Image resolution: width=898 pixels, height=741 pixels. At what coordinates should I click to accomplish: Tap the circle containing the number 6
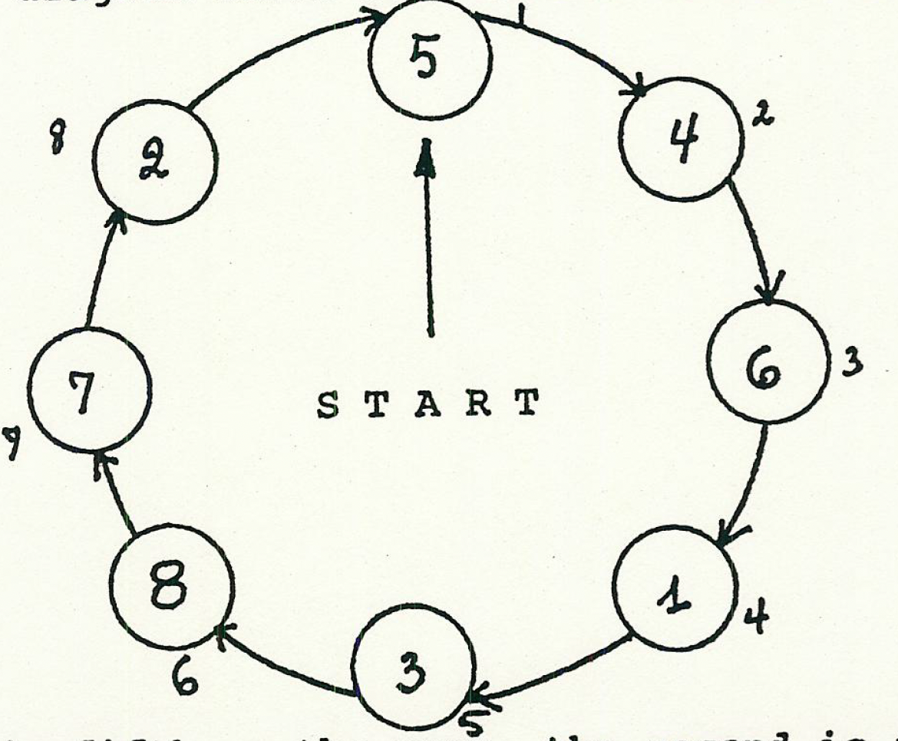[768, 367]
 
